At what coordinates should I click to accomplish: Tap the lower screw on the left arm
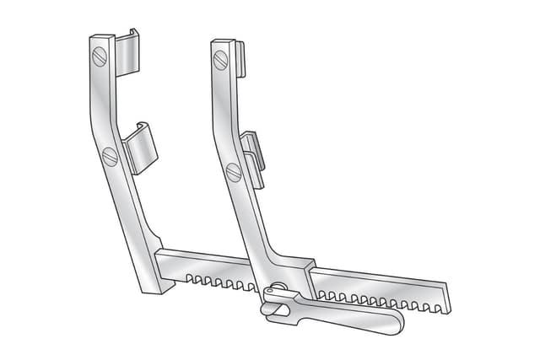click(x=109, y=156)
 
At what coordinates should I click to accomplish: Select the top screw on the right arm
click(x=221, y=60)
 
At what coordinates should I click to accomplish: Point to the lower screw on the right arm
click(x=234, y=172)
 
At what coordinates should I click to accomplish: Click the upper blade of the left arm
click(x=127, y=52)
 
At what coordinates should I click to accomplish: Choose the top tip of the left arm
click(x=100, y=38)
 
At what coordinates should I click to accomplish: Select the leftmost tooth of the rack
click(x=188, y=277)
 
